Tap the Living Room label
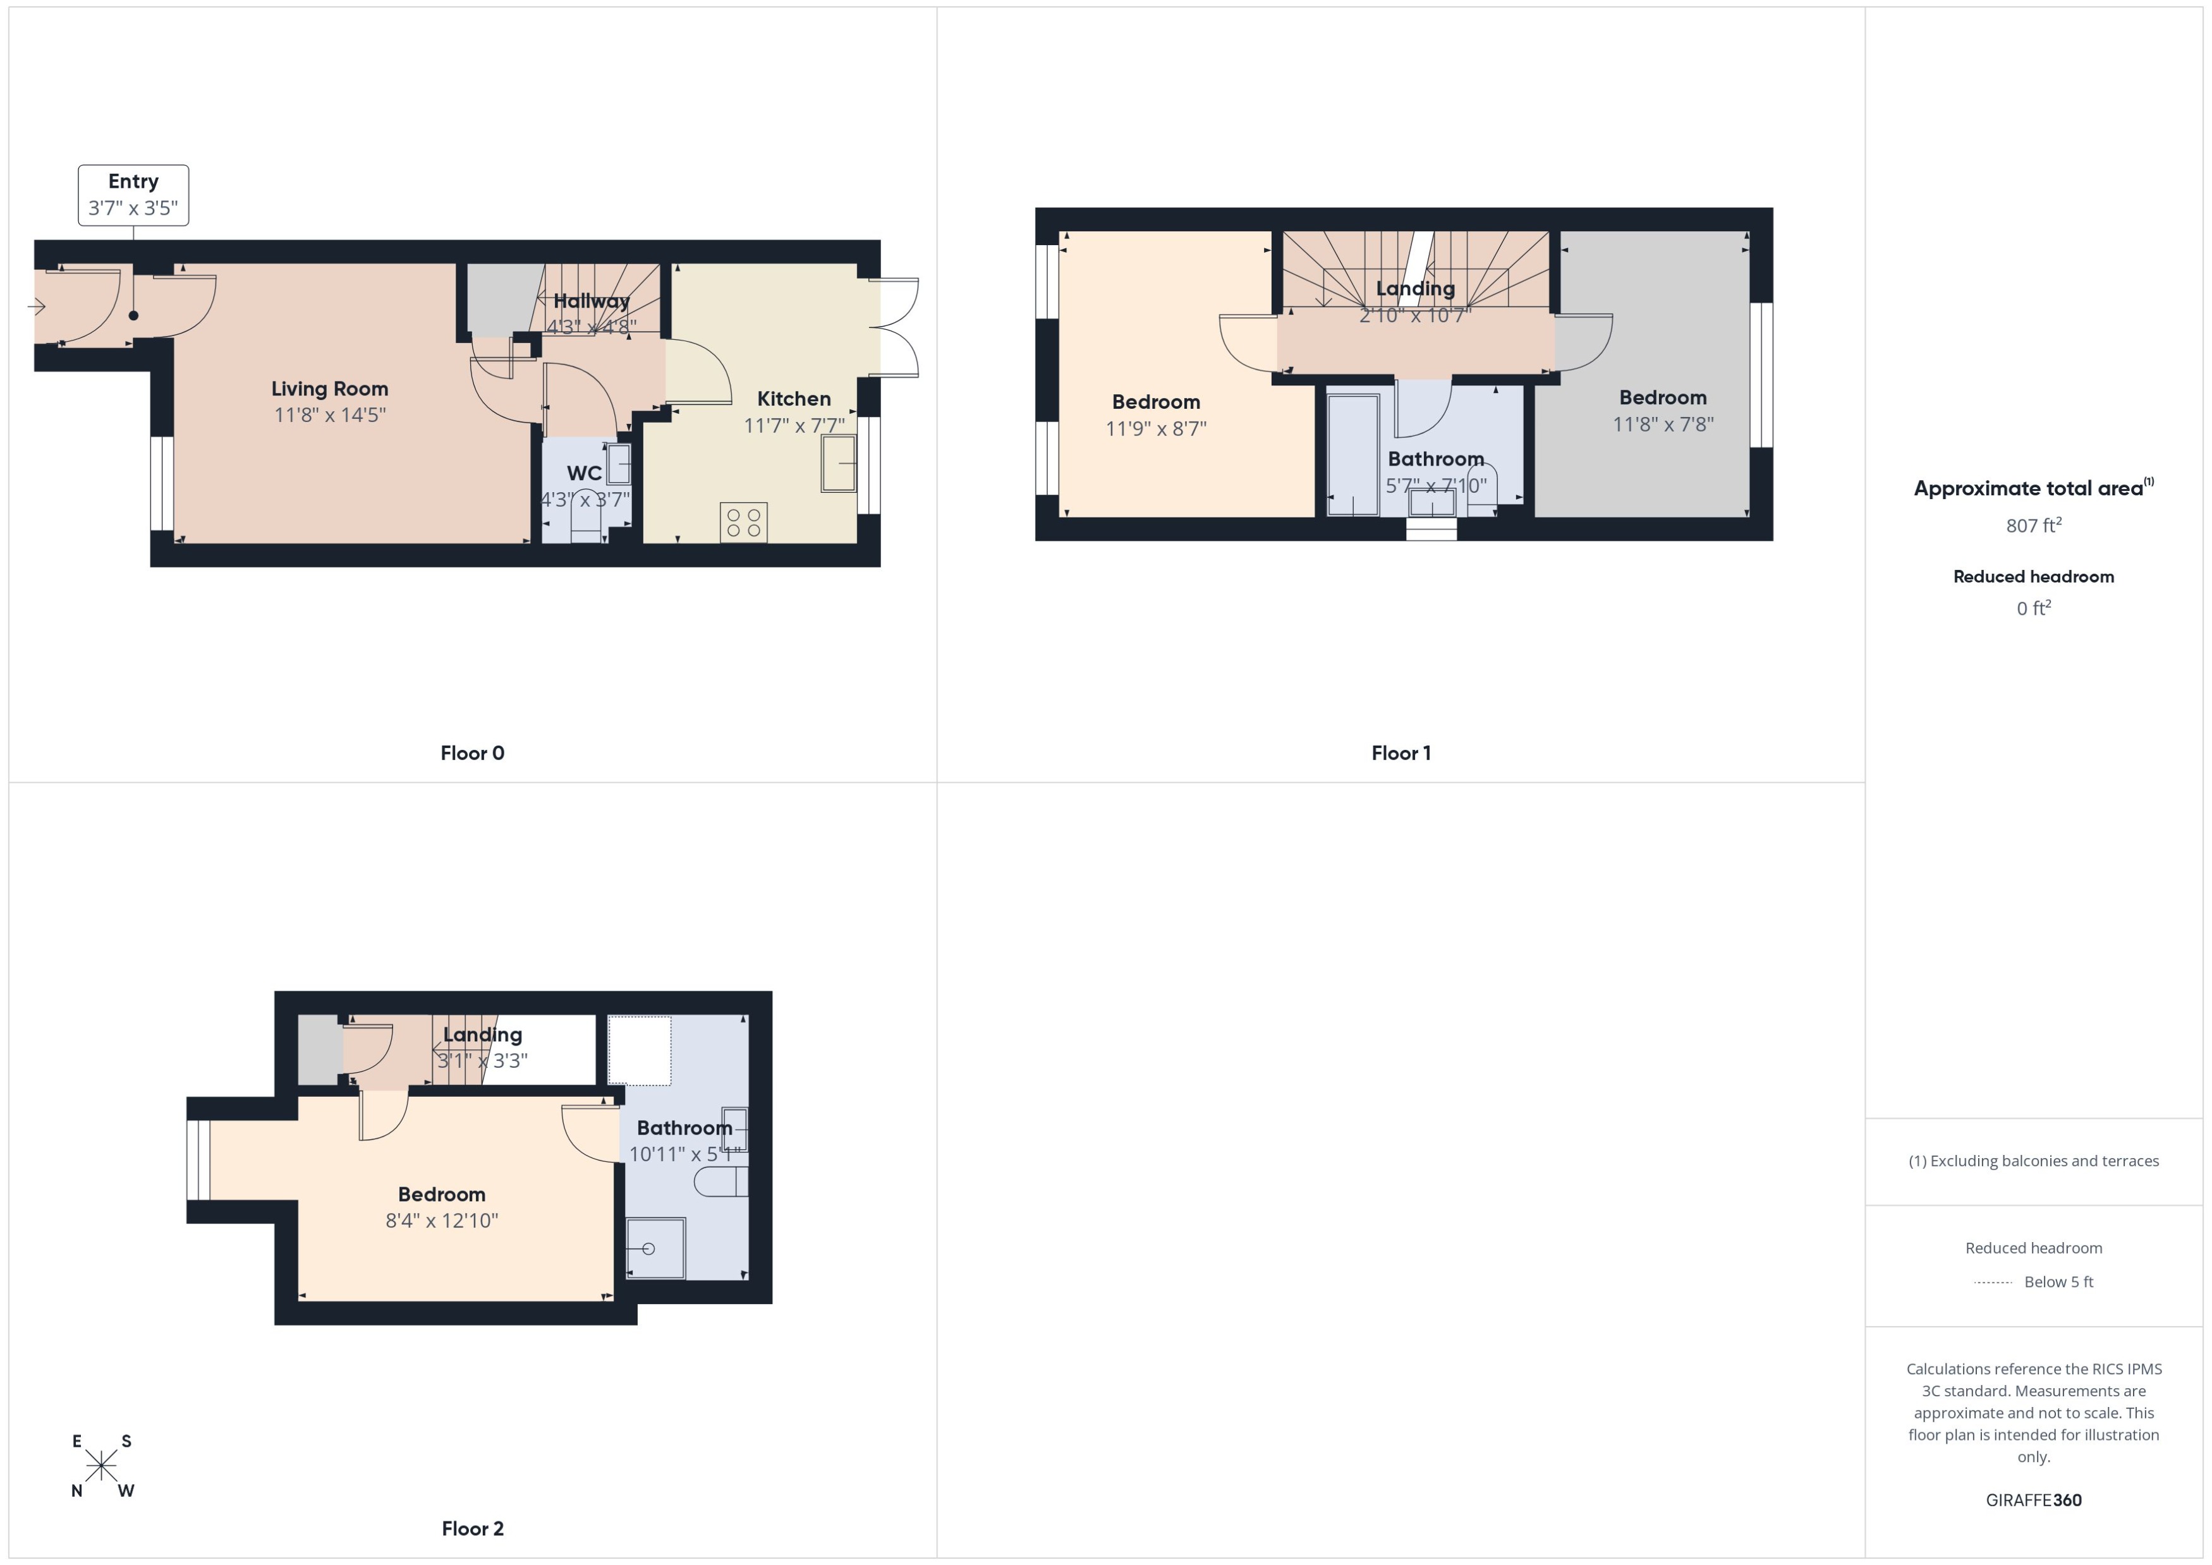[x=330, y=389]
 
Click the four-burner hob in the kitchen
[x=743, y=523]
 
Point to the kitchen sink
[x=839, y=464]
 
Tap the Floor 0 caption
[x=472, y=752]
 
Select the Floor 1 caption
[x=1401, y=752]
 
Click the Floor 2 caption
[x=472, y=1528]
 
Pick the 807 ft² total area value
[x=2033, y=525]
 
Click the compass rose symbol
[x=101, y=1466]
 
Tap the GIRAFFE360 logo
[x=2033, y=1499]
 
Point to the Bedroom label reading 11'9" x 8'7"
[x=1156, y=402]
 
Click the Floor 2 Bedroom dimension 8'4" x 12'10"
[x=441, y=1221]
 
